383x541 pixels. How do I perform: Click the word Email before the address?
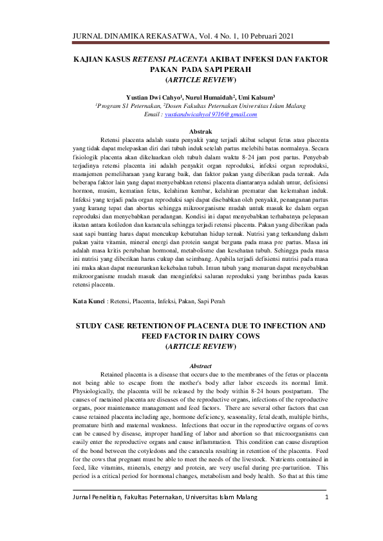click(x=153, y=114)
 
